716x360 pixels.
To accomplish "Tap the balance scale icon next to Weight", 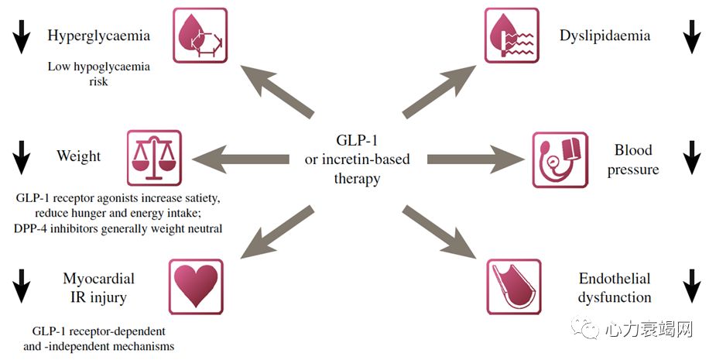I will (153, 158).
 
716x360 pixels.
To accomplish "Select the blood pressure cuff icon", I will (560, 159).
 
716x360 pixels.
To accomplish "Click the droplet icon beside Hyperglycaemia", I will (199, 36).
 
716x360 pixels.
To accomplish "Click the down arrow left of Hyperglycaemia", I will (22, 36).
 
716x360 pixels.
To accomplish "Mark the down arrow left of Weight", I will (22, 156).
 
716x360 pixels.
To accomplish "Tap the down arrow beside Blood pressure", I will (691, 159).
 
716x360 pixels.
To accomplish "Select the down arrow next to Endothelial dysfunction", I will (691, 286).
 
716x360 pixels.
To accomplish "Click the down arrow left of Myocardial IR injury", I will (22, 286).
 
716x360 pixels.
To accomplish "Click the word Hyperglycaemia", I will (98, 36).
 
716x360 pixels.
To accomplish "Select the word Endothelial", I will (615, 279).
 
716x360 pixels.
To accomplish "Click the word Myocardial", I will (98, 279).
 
